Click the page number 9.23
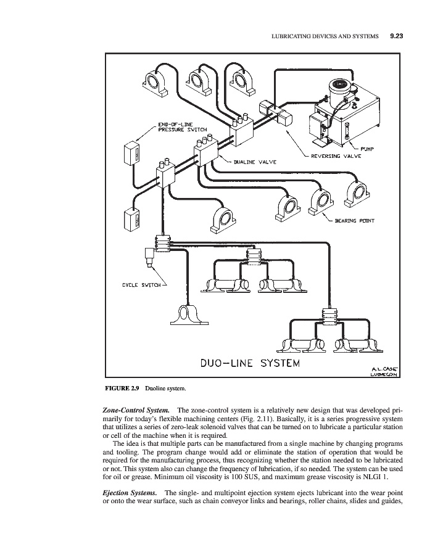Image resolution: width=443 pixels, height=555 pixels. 396,36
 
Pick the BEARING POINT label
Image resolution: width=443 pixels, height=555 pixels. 354,220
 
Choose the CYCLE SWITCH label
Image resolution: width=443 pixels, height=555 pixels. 141,284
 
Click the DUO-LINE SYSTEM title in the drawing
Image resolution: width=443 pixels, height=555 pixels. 250,362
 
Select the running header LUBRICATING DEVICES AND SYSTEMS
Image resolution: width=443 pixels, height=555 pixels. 325,36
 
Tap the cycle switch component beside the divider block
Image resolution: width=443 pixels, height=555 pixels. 150,257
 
